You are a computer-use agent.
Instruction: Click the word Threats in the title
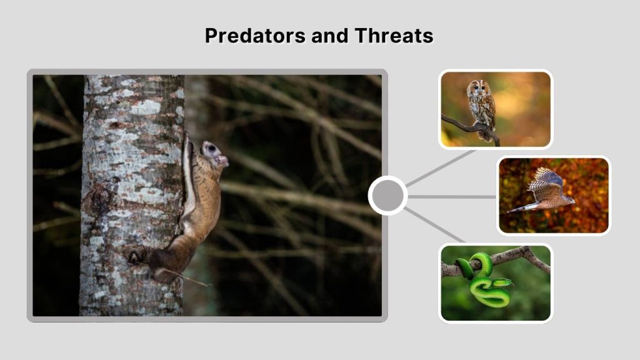coord(394,36)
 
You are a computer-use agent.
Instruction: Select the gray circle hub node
coord(387,196)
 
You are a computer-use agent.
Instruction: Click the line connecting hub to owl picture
coord(441,167)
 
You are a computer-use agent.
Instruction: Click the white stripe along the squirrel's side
coord(187,178)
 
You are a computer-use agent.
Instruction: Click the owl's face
coord(477,88)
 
